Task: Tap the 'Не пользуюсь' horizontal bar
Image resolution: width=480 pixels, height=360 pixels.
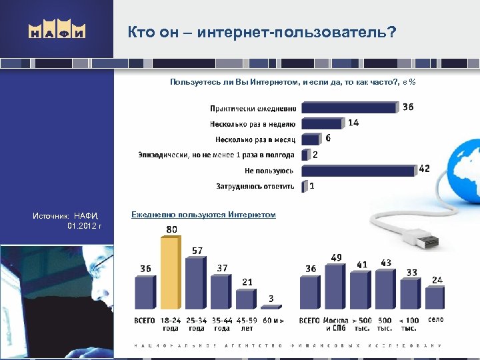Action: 359,171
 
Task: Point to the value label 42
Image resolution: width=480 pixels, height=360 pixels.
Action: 424,169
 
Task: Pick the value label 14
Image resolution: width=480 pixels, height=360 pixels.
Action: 353,123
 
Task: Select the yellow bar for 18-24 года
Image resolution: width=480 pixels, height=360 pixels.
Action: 170,275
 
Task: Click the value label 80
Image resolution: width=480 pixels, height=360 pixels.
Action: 171,230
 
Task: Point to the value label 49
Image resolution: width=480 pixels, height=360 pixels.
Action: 336,258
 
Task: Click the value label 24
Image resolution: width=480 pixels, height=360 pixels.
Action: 437,280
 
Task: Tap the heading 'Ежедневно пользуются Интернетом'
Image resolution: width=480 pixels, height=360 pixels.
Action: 203,215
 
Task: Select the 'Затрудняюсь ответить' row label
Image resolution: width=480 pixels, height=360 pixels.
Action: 255,187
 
